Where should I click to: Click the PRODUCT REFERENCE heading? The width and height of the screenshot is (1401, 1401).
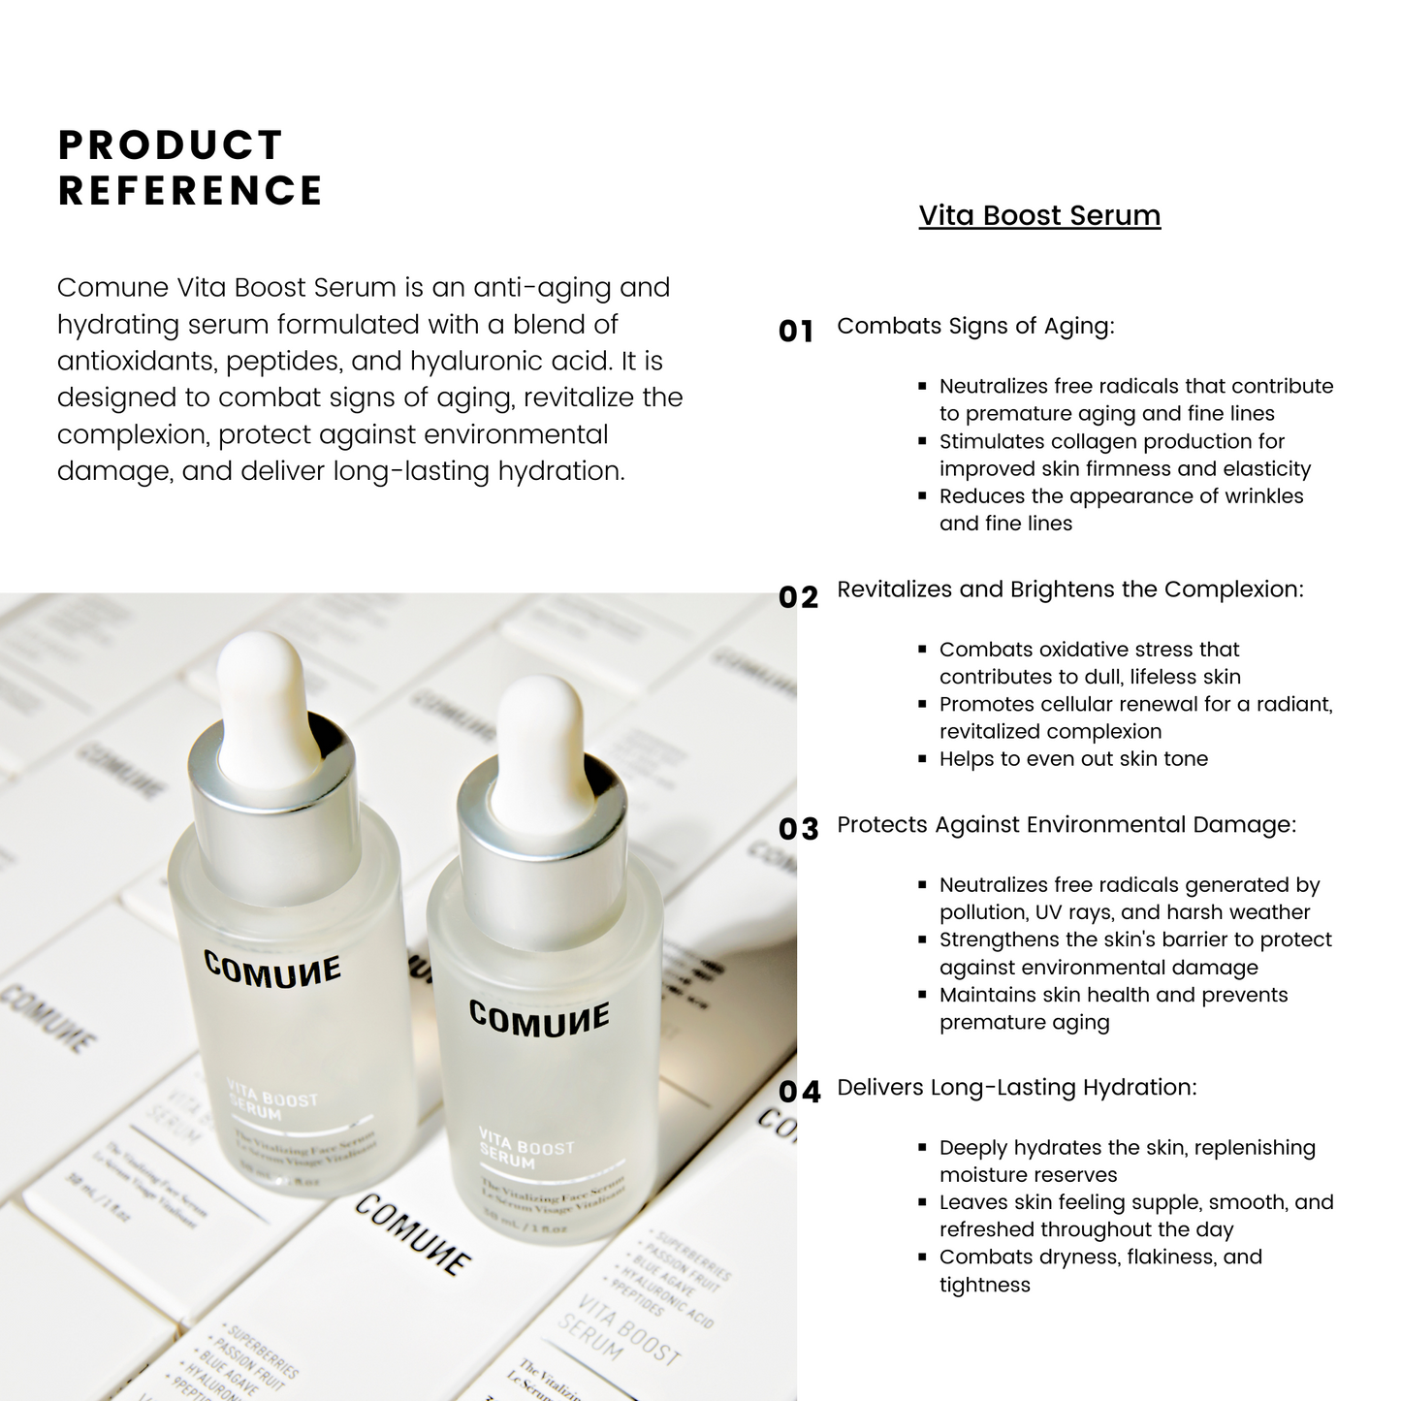pos(190,168)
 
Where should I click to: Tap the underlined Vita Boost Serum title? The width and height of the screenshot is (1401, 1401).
pos(1039,215)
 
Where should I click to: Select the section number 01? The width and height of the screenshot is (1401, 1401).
pos(796,332)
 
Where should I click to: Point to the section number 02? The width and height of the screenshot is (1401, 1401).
pos(798,596)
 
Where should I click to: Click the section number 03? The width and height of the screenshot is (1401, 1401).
pos(798,829)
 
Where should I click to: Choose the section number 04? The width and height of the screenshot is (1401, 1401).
pos(799,1092)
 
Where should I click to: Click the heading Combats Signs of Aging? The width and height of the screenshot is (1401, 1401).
pos(975,326)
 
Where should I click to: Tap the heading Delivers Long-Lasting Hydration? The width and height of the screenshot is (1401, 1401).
pos(1016,1088)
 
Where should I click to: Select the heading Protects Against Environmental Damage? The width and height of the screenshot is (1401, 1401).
pos(1066,825)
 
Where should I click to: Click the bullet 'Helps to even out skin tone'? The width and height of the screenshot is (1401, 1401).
pos(1073,759)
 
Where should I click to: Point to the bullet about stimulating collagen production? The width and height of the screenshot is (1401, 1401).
pos(1124,455)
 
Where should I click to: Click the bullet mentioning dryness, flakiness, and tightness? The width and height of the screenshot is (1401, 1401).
pos(1099,1270)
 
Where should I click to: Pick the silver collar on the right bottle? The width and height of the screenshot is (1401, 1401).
pos(541,824)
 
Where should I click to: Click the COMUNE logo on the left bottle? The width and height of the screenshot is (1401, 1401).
pos(272,970)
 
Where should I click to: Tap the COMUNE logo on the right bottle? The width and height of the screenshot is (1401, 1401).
pos(539,1018)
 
